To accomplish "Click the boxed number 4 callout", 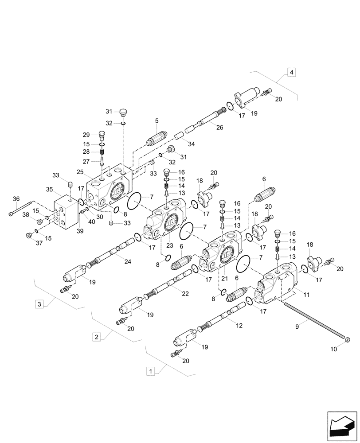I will coord(291,72).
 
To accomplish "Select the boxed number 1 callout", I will coord(151,370).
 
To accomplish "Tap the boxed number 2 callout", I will coord(96,337).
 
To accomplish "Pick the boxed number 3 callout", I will coord(39,304).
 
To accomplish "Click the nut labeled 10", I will coord(347,340).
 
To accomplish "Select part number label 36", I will coord(16,199).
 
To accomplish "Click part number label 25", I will coord(80,171).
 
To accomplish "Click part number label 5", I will coord(157,120).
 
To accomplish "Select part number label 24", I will coord(128,261).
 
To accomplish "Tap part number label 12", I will coord(239,326).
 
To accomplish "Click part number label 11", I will coord(306,294).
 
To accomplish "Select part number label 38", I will coord(26,214).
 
